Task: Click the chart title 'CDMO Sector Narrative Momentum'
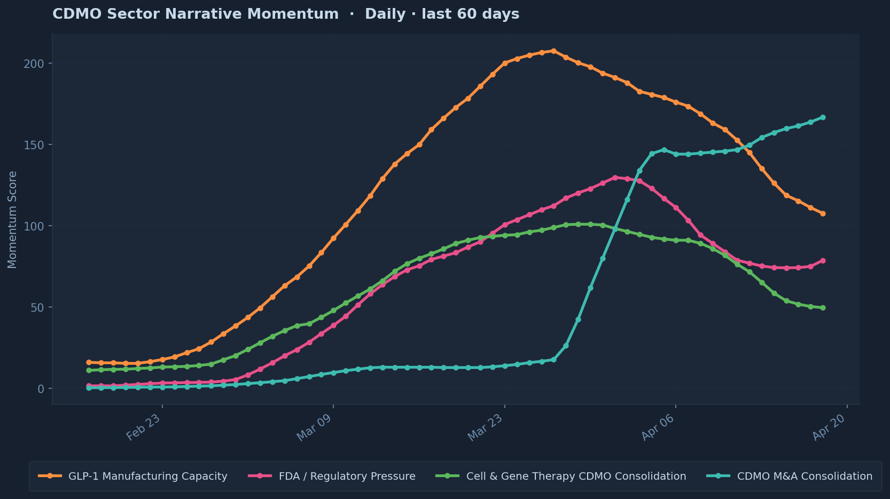click(195, 14)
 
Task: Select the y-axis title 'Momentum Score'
click(12, 219)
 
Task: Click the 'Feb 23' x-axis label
click(144, 428)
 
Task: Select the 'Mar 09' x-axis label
click(315, 428)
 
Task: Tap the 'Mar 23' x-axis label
click(486, 428)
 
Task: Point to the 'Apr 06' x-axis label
click(658, 428)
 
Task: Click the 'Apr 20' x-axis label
click(829, 428)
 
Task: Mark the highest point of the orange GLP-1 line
click(553, 51)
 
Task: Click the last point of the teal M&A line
click(823, 117)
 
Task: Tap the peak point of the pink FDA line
click(615, 178)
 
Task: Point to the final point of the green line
click(823, 308)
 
